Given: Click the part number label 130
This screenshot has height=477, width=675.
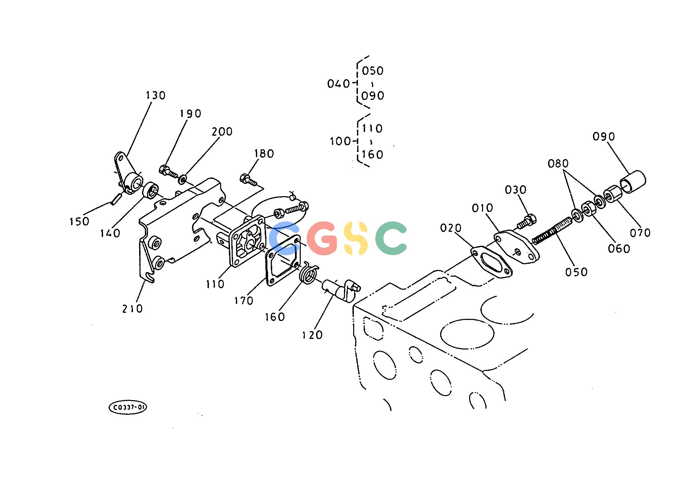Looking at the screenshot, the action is point(156,96).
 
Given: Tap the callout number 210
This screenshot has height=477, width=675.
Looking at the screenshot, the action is point(133,309).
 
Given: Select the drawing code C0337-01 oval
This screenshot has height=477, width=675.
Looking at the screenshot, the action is point(128,408).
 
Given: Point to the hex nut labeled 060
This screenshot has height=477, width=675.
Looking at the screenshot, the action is point(588,208).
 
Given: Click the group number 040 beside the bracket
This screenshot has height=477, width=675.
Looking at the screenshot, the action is point(339,84).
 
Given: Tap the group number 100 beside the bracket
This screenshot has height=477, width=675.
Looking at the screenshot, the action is point(340,141).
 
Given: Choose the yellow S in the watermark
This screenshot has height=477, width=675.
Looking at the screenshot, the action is point(356,238).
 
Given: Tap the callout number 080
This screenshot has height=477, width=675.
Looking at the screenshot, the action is point(558,164).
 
